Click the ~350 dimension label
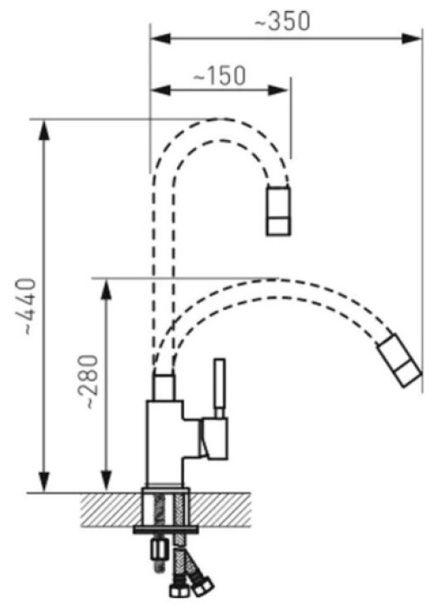pyautogui.click(x=283, y=21)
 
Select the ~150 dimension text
pyautogui.click(x=220, y=75)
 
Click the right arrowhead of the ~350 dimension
pyautogui.click(x=411, y=39)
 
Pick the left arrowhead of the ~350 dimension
pyautogui.click(x=161, y=39)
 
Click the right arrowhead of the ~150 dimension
pyautogui.click(x=277, y=90)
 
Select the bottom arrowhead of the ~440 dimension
pyautogui.click(x=45, y=481)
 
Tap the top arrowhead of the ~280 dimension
pyautogui.click(x=106, y=289)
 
